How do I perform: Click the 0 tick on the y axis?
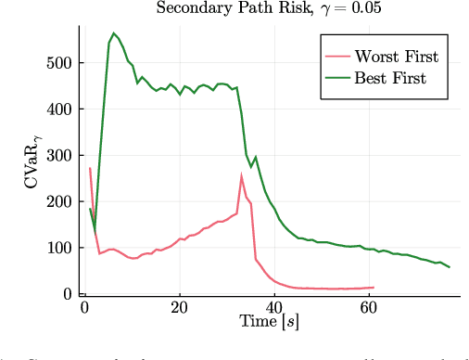(x=69, y=294)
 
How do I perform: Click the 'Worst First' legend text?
(x=397, y=57)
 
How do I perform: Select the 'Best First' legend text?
(x=390, y=79)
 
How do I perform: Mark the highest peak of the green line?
(x=114, y=33)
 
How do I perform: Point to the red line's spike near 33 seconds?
(x=242, y=175)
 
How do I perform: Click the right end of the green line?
(x=450, y=267)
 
